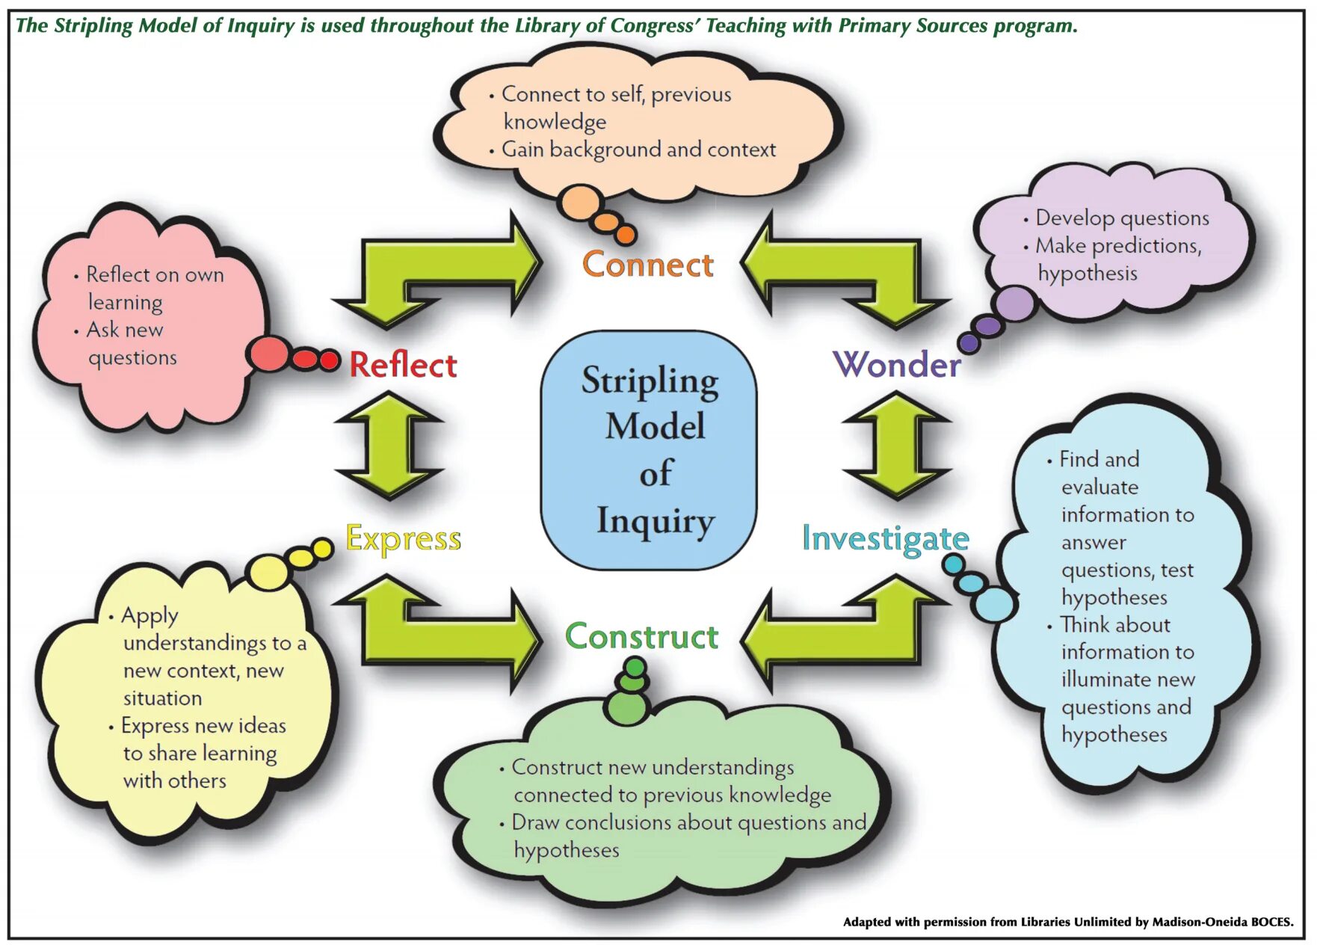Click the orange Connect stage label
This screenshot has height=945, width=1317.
[648, 265]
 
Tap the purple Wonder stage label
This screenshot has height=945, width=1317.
[897, 364]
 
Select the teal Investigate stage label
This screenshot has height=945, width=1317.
[886, 539]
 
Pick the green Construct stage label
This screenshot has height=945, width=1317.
[641, 636]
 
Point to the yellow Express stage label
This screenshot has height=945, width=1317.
[404, 539]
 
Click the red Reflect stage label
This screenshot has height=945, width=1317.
[404, 365]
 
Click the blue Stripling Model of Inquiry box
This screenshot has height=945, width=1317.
[649, 450]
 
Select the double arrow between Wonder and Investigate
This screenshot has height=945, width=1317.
[897, 446]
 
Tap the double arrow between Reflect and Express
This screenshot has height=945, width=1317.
[389, 446]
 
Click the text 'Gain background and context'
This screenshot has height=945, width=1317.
[639, 150]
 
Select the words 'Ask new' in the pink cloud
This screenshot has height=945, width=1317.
[125, 330]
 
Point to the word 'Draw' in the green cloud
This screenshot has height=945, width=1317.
[535, 822]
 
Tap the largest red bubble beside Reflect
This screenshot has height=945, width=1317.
[269, 354]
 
